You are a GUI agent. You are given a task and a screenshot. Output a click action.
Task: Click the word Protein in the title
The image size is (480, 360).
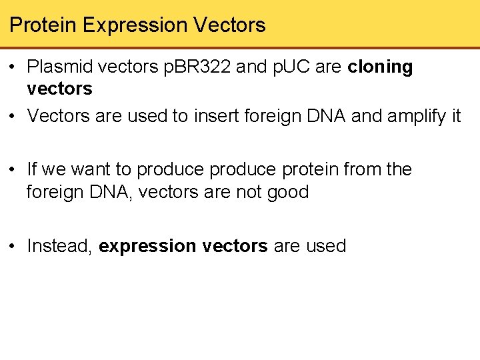(43, 25)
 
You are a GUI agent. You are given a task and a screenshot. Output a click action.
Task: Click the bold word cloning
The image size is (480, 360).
(381, 67)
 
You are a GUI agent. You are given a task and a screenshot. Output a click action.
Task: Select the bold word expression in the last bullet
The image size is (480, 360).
(147, 247)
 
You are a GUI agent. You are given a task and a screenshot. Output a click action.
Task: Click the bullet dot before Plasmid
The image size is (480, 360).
(13, 67)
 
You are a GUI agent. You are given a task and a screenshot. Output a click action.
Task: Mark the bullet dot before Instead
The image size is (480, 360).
(13, 246)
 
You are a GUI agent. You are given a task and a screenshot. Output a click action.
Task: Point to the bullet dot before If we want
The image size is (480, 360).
(13, 170)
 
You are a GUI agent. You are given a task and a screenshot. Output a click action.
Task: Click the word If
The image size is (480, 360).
(33, 169)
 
